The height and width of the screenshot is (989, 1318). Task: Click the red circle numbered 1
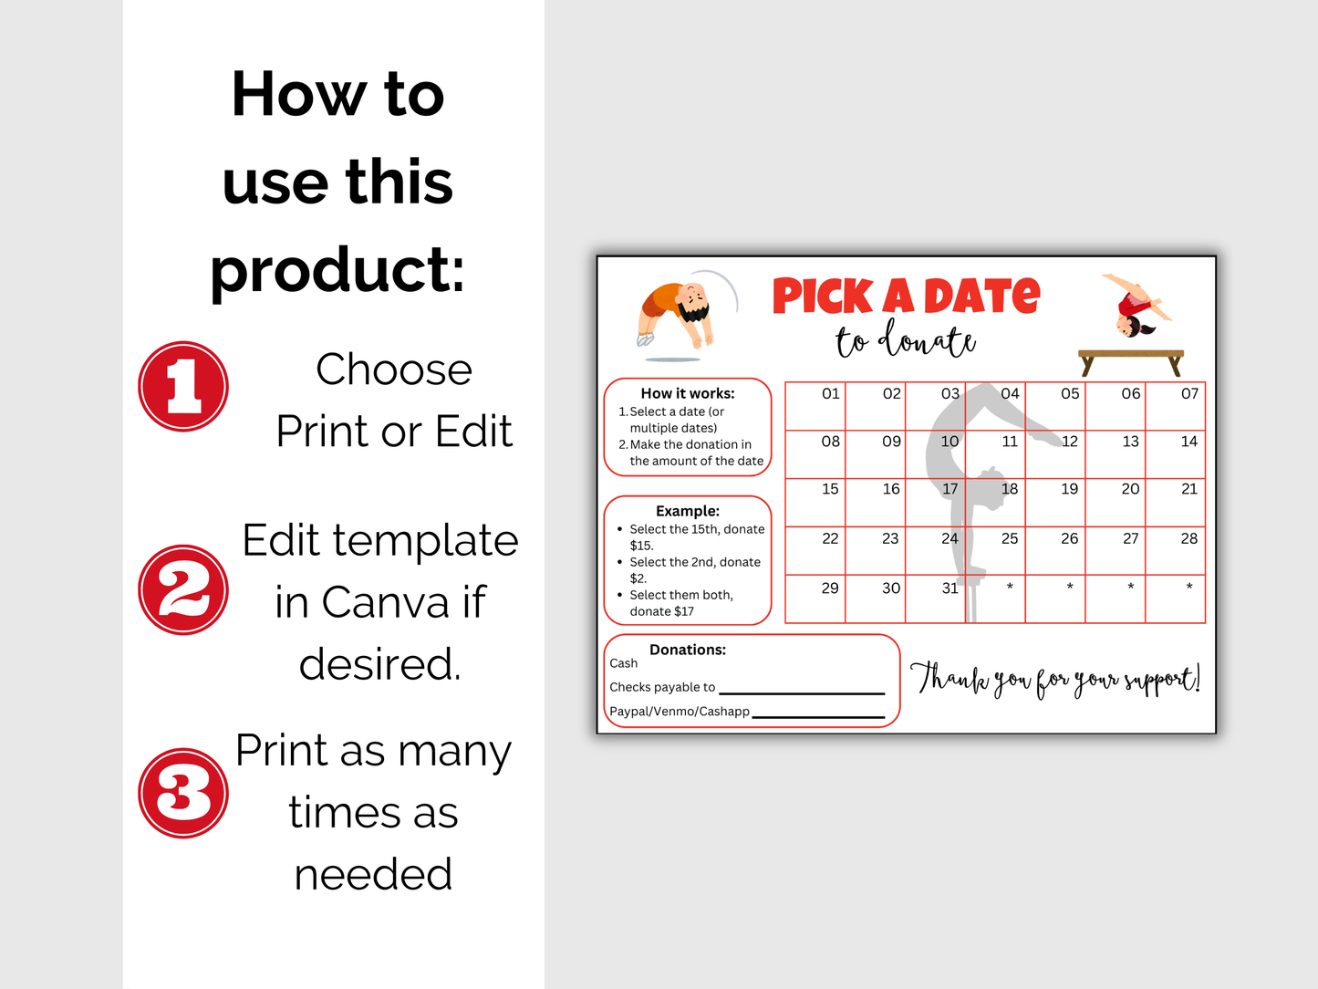183,386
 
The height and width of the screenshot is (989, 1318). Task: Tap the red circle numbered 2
183,589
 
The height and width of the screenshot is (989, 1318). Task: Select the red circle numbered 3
183,793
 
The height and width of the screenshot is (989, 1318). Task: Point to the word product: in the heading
337,270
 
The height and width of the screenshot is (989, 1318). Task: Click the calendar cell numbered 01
815,406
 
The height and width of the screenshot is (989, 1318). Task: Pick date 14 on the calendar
1176,453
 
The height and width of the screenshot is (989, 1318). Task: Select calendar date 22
815,550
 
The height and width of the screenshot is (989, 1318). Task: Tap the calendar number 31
936,599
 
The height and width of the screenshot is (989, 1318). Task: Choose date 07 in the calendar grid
1176,406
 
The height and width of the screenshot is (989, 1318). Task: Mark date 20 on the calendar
1116,502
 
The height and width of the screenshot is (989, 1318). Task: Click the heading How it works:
688,393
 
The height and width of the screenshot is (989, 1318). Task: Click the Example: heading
688,511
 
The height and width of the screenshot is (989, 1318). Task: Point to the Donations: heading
688,650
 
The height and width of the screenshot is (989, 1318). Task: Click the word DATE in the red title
981,297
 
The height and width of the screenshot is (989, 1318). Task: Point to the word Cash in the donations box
624,663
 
